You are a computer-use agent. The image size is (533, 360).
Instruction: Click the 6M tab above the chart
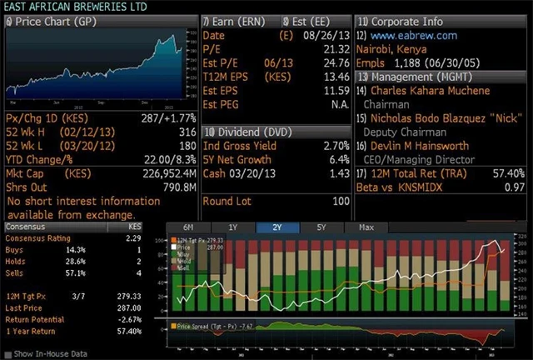189,227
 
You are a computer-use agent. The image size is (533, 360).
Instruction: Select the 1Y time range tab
233,227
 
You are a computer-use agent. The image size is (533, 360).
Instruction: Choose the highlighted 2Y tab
277,227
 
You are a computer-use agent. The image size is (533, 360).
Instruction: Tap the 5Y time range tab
321,227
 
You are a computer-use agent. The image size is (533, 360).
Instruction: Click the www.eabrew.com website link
413,36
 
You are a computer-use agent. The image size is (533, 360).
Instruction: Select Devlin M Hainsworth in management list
420,145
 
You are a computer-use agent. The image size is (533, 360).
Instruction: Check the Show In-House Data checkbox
8,354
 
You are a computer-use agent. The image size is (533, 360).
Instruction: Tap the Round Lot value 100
340,201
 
